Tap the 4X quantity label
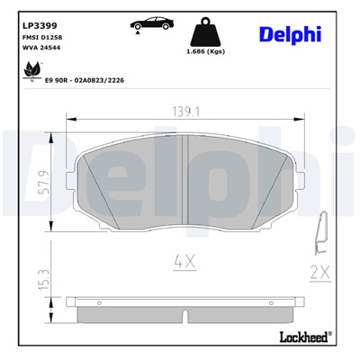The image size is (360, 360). (184, 262)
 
